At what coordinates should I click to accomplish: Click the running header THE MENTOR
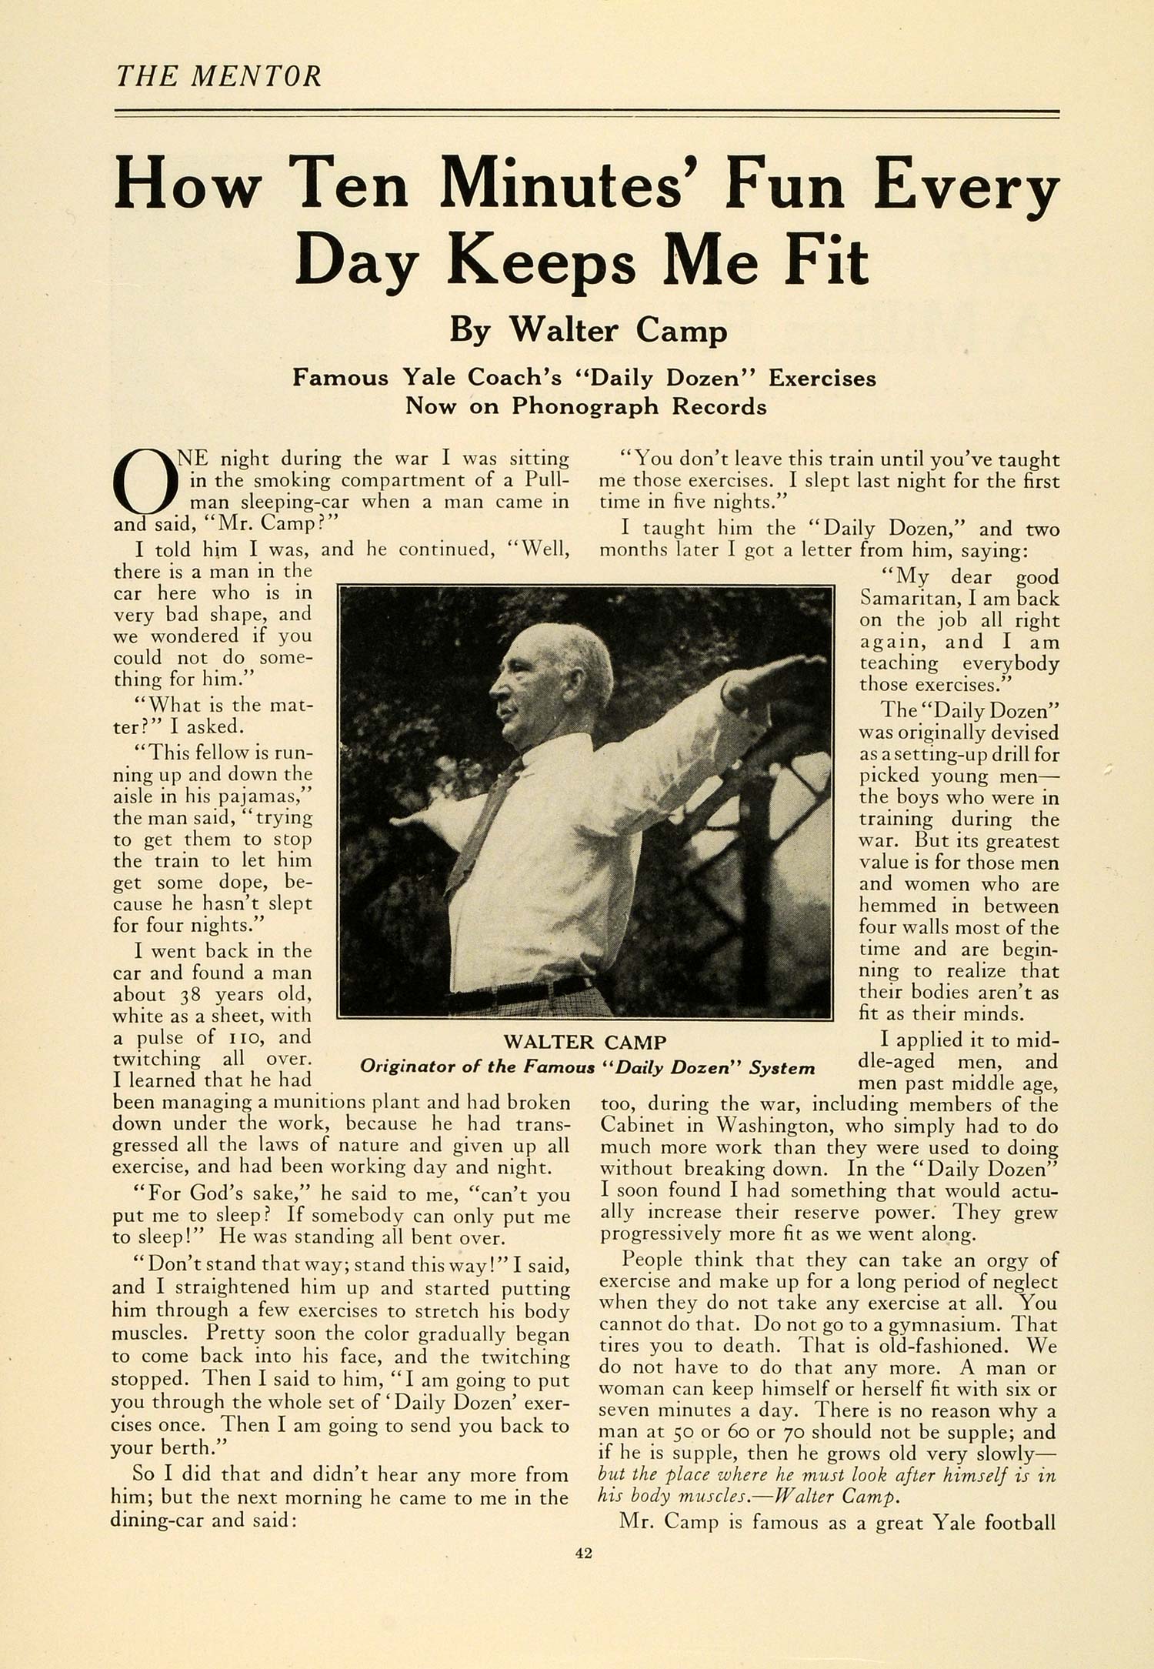click(x=218, y=76)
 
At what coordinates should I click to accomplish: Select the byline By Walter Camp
click(x=588, y=330)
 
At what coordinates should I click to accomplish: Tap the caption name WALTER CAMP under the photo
click(x=585, y=1042)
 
